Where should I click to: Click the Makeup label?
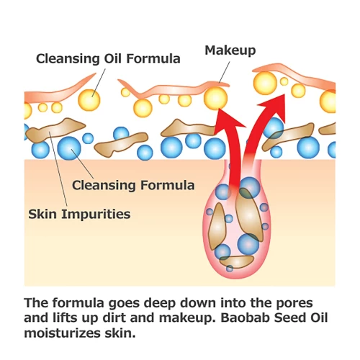point(230,50)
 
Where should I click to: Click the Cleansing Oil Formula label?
point(108,58)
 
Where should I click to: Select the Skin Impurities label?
point(79,214)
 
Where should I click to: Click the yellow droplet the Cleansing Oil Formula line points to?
point(89,100)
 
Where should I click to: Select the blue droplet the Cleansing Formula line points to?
point(69,148)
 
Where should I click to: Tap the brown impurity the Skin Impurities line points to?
point(55,130)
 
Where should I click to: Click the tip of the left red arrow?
point(219,109)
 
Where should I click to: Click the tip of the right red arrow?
point(284,94)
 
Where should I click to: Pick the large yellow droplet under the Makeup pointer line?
point(215,99)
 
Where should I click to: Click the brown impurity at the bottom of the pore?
point(237,261)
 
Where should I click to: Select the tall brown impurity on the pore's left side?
point(217,226)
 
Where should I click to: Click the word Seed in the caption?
point(291,318)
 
